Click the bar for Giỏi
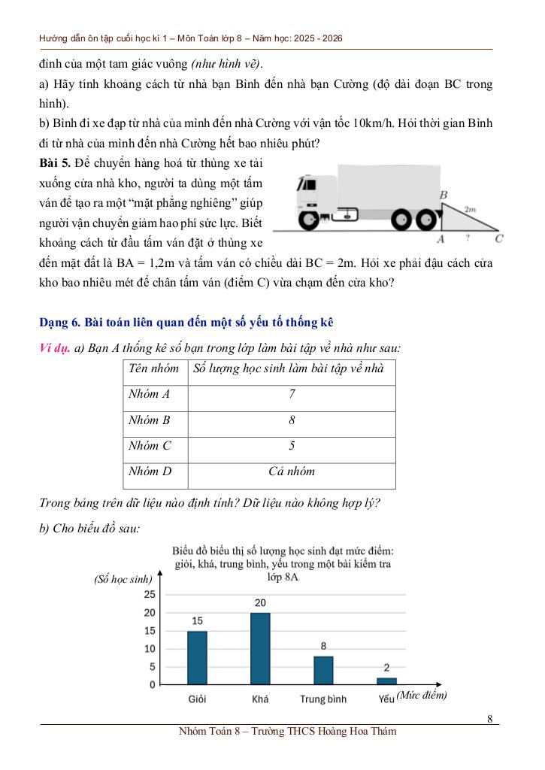197,658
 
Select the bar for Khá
260,649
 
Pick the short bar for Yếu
386,681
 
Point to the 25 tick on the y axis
149,594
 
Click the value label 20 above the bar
260,603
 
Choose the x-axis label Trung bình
323,699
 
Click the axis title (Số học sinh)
123,579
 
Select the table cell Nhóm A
150,394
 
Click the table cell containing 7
292,394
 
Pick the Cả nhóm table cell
292,472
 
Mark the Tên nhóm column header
154,368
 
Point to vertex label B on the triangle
444,196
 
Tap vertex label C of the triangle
499,239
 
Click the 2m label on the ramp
471,210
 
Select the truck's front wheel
309,220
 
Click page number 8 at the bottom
489,718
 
